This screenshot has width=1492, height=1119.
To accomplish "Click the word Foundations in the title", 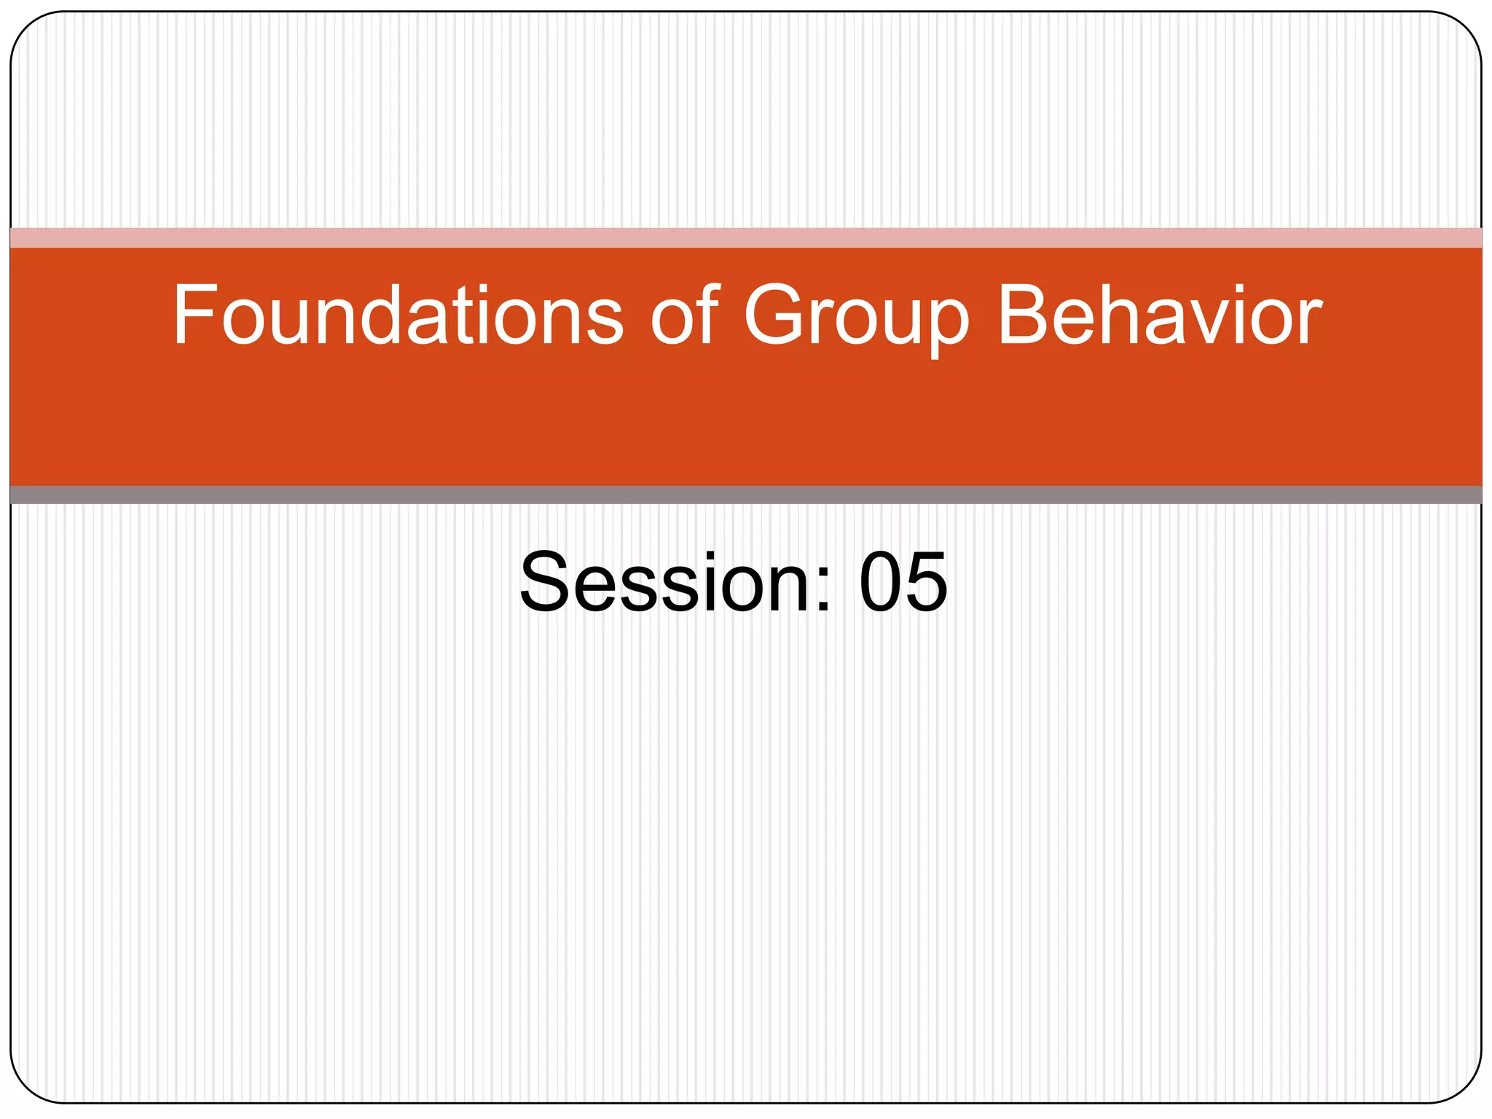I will tap(397, 315).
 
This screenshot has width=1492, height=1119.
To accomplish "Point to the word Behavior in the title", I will tap(1159, 315).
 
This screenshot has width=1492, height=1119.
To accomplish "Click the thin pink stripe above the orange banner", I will tap(746, 237).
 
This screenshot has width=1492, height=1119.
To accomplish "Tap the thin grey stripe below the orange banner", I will tap(746, 495).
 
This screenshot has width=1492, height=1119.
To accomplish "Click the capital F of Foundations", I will tap(194, 315).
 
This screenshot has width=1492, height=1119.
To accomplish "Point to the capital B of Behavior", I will tap(1024, 315).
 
